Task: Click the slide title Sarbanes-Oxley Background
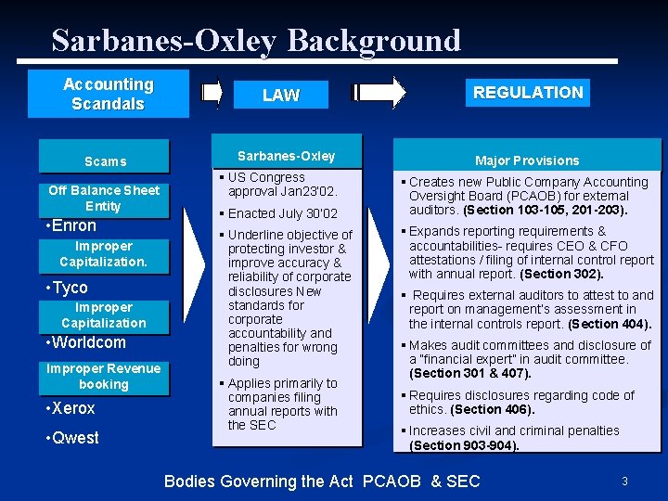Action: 256,40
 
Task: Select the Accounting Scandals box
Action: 108,94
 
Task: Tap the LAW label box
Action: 280,95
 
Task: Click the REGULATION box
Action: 527,92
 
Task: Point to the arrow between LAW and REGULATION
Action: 379,92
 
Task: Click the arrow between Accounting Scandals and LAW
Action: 212,92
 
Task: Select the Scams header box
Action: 105,161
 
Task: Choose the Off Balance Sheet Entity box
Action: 104,198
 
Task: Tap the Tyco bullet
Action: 67,288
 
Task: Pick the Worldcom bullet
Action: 85,342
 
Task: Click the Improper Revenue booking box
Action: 104,377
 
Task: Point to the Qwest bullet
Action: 71,438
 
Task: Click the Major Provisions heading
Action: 527,161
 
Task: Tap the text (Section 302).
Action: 562,274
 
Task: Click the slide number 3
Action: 624,481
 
